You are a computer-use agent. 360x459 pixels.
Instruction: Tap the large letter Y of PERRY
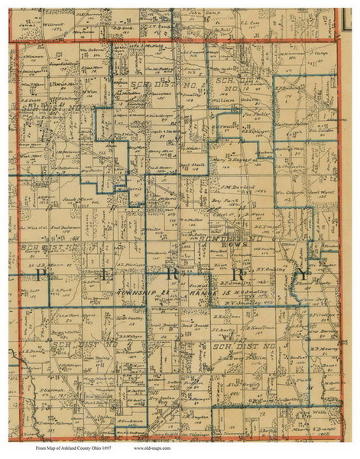pyautogui.click(x=303, y=273)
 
